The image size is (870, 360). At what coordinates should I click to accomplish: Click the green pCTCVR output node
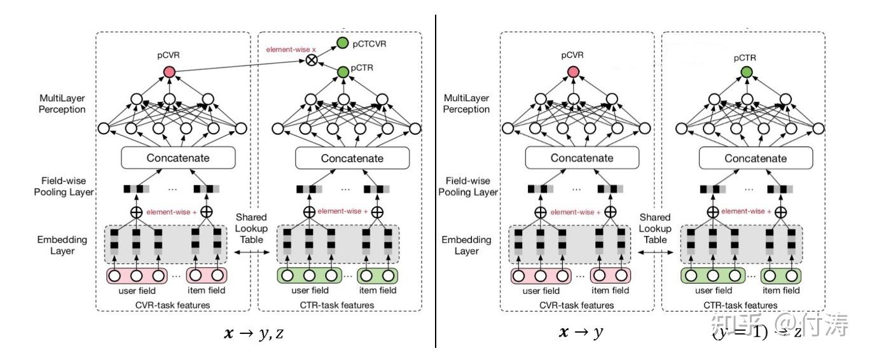point(343,43)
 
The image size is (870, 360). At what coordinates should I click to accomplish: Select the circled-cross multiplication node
point(311,60)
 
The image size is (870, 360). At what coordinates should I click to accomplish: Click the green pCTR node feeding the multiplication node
point(343,72)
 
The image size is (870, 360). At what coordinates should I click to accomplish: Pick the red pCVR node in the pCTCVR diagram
point(169,72)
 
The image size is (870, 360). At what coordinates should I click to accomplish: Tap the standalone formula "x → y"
point(580,333)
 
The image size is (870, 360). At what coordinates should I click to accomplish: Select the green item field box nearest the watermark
point(781,276)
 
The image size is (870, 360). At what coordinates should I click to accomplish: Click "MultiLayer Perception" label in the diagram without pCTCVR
point(467,104)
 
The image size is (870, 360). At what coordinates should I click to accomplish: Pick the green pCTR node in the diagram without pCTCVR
point(747,72)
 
